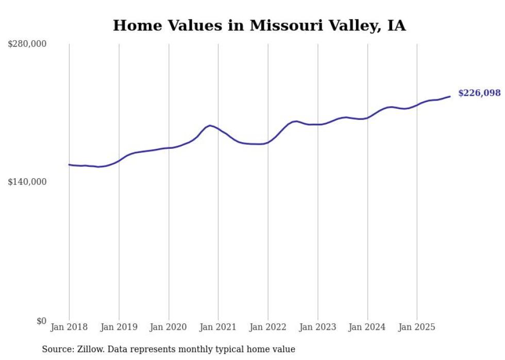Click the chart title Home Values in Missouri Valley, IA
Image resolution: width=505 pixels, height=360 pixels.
(259, 25)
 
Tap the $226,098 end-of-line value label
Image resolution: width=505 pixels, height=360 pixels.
(479, 93)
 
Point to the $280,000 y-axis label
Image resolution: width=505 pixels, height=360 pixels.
(27, 44)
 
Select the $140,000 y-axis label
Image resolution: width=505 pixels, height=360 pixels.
(27, 182)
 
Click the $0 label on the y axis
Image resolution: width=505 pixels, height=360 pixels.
(41, 321)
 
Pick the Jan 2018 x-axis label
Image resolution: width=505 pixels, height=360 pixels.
(69, 327)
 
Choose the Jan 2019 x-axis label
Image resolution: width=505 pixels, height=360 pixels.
(119, 327)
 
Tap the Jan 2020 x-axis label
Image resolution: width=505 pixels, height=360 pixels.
(169, 327)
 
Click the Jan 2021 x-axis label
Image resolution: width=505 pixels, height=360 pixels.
(218, 327)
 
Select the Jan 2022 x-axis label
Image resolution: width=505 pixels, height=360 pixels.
(268, 327)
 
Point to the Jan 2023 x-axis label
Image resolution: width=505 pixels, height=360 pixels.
(317, 327)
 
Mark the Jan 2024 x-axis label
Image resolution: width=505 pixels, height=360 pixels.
(367, 327)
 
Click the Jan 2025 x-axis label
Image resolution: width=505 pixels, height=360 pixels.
(417, 327)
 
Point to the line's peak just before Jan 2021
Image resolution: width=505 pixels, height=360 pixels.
(210, 125)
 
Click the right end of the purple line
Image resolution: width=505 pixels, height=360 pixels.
(450, 96)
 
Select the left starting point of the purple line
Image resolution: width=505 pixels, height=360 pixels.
(70, 165)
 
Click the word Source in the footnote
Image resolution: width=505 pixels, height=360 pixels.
(57, 349)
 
